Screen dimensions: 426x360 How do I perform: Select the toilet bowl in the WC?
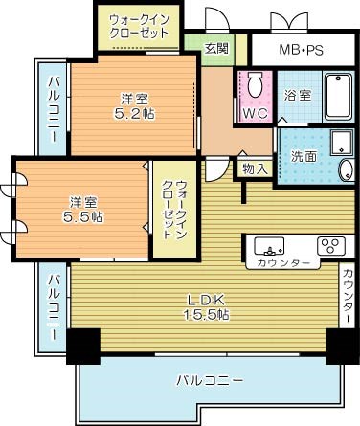[x=255, y=84]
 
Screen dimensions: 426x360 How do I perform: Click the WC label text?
[x=255, y=112]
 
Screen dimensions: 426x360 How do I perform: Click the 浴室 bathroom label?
[x=297, y=96]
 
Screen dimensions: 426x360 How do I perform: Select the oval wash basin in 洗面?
[x=346, y=171]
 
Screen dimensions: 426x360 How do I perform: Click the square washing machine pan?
[x=341, y=143]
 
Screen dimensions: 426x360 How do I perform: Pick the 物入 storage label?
[x=255, y=168]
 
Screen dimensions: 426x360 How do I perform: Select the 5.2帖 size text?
[x=133, y=113]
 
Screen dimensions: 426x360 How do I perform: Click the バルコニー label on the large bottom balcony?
[x=208, y=380]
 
